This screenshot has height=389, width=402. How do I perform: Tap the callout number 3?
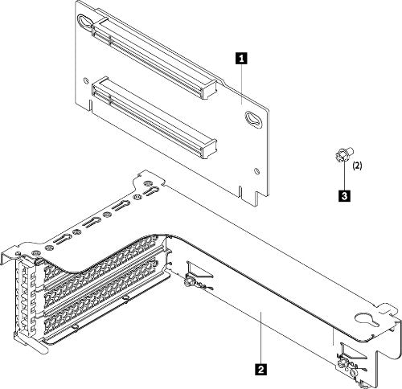pyautogui.click(x=344, y=194)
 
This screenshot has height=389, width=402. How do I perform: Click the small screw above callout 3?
pyautogui.click(x=342, y=156)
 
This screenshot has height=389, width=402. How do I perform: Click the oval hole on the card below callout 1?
pyautogui.click(x=253, y=120)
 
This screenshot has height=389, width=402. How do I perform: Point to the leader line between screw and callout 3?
pyautogui.click(x=344, y=175)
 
